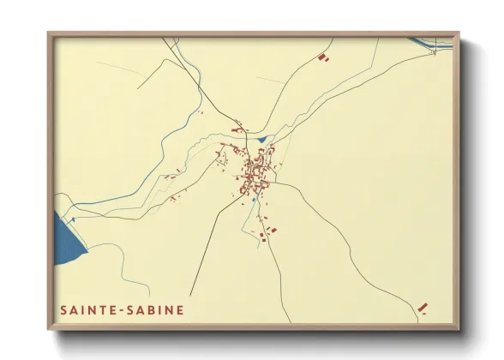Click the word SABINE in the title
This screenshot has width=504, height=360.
(x=155, y=309)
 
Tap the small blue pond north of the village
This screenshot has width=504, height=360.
(x=261, y=139)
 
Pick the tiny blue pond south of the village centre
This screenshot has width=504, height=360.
(x=254, y=202)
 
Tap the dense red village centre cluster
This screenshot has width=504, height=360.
(x=255, y=170)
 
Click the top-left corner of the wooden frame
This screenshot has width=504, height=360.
(x=49, y=33)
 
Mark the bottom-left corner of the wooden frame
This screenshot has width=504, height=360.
(x=49, y=330)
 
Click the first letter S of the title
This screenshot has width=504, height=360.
(x=63, y=309)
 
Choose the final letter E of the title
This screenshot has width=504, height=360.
(x=179, y=309)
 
